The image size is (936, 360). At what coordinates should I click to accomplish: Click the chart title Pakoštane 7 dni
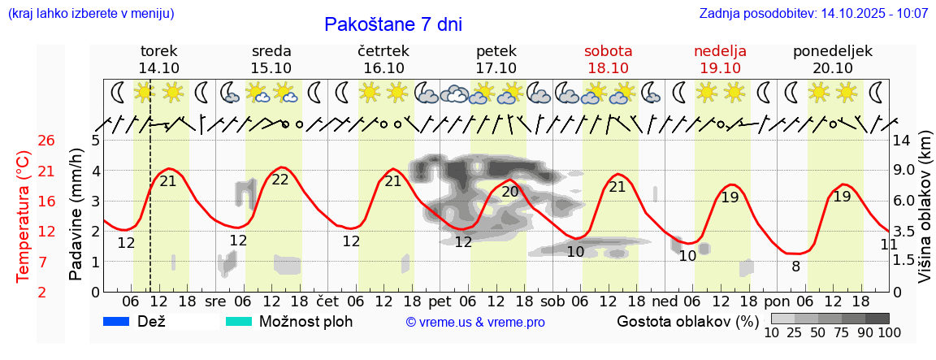[392, 24]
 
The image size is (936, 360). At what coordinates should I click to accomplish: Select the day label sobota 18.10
[608, 59]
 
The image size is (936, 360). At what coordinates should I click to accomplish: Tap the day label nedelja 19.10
[720, 59]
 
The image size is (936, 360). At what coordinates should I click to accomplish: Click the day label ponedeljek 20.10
[833, 59]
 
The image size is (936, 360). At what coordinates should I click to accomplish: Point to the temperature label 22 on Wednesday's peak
[280, 180]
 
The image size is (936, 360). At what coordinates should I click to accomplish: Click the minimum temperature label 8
[795, 266]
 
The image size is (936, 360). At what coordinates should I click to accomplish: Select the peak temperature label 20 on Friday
[510, 192]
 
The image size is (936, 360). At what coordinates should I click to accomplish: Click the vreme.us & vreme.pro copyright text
[475, 323]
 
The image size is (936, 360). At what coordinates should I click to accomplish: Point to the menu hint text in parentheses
[90, 14]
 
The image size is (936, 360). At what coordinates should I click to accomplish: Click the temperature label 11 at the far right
[889, 245]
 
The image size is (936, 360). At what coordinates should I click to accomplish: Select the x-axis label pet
[440, 301]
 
